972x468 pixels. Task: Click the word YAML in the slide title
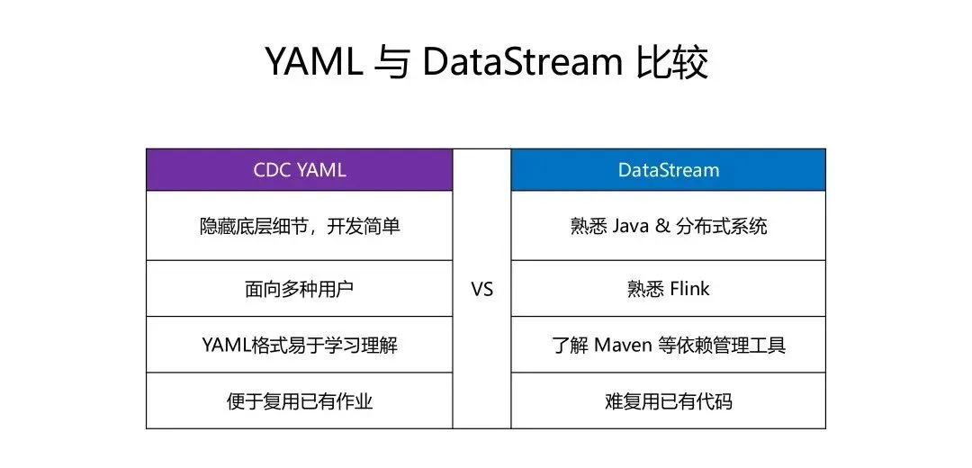pyautogui.click(x=312, y=62)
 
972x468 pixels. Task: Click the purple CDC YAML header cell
pyautogui.click(x=299, y=169)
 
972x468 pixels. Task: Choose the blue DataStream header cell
pyautogui.click(x=668, y=169)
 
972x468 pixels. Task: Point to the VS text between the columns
pyautogui.click(x=482, y=290)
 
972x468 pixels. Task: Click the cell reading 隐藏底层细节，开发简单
pyautogui.click(x=299, y=226)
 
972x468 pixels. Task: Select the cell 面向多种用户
pyautogui.click(x=299, y=289)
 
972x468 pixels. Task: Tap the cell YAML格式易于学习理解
pyautogui.click(x=299, y=345)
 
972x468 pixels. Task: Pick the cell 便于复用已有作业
pyautogui.click(x=299, y=400)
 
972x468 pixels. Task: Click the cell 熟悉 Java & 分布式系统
pyautogui.click(x=668, y=226)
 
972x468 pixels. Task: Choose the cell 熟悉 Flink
pyautogui.click(x=668, y=289)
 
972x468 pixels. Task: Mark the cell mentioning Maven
pyautogui.click(x=668, y=345)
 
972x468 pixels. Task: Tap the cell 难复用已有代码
pyautogui.click(x=668, y=400)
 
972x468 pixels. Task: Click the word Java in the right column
pyautogui.click(x=630, y=226)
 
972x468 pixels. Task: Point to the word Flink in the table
pyautogui.click(x=689, y=289)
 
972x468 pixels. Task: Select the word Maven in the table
pyautogui.click(x=628, y=345)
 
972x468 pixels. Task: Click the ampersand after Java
pyautogui.click(x=663, y=226)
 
